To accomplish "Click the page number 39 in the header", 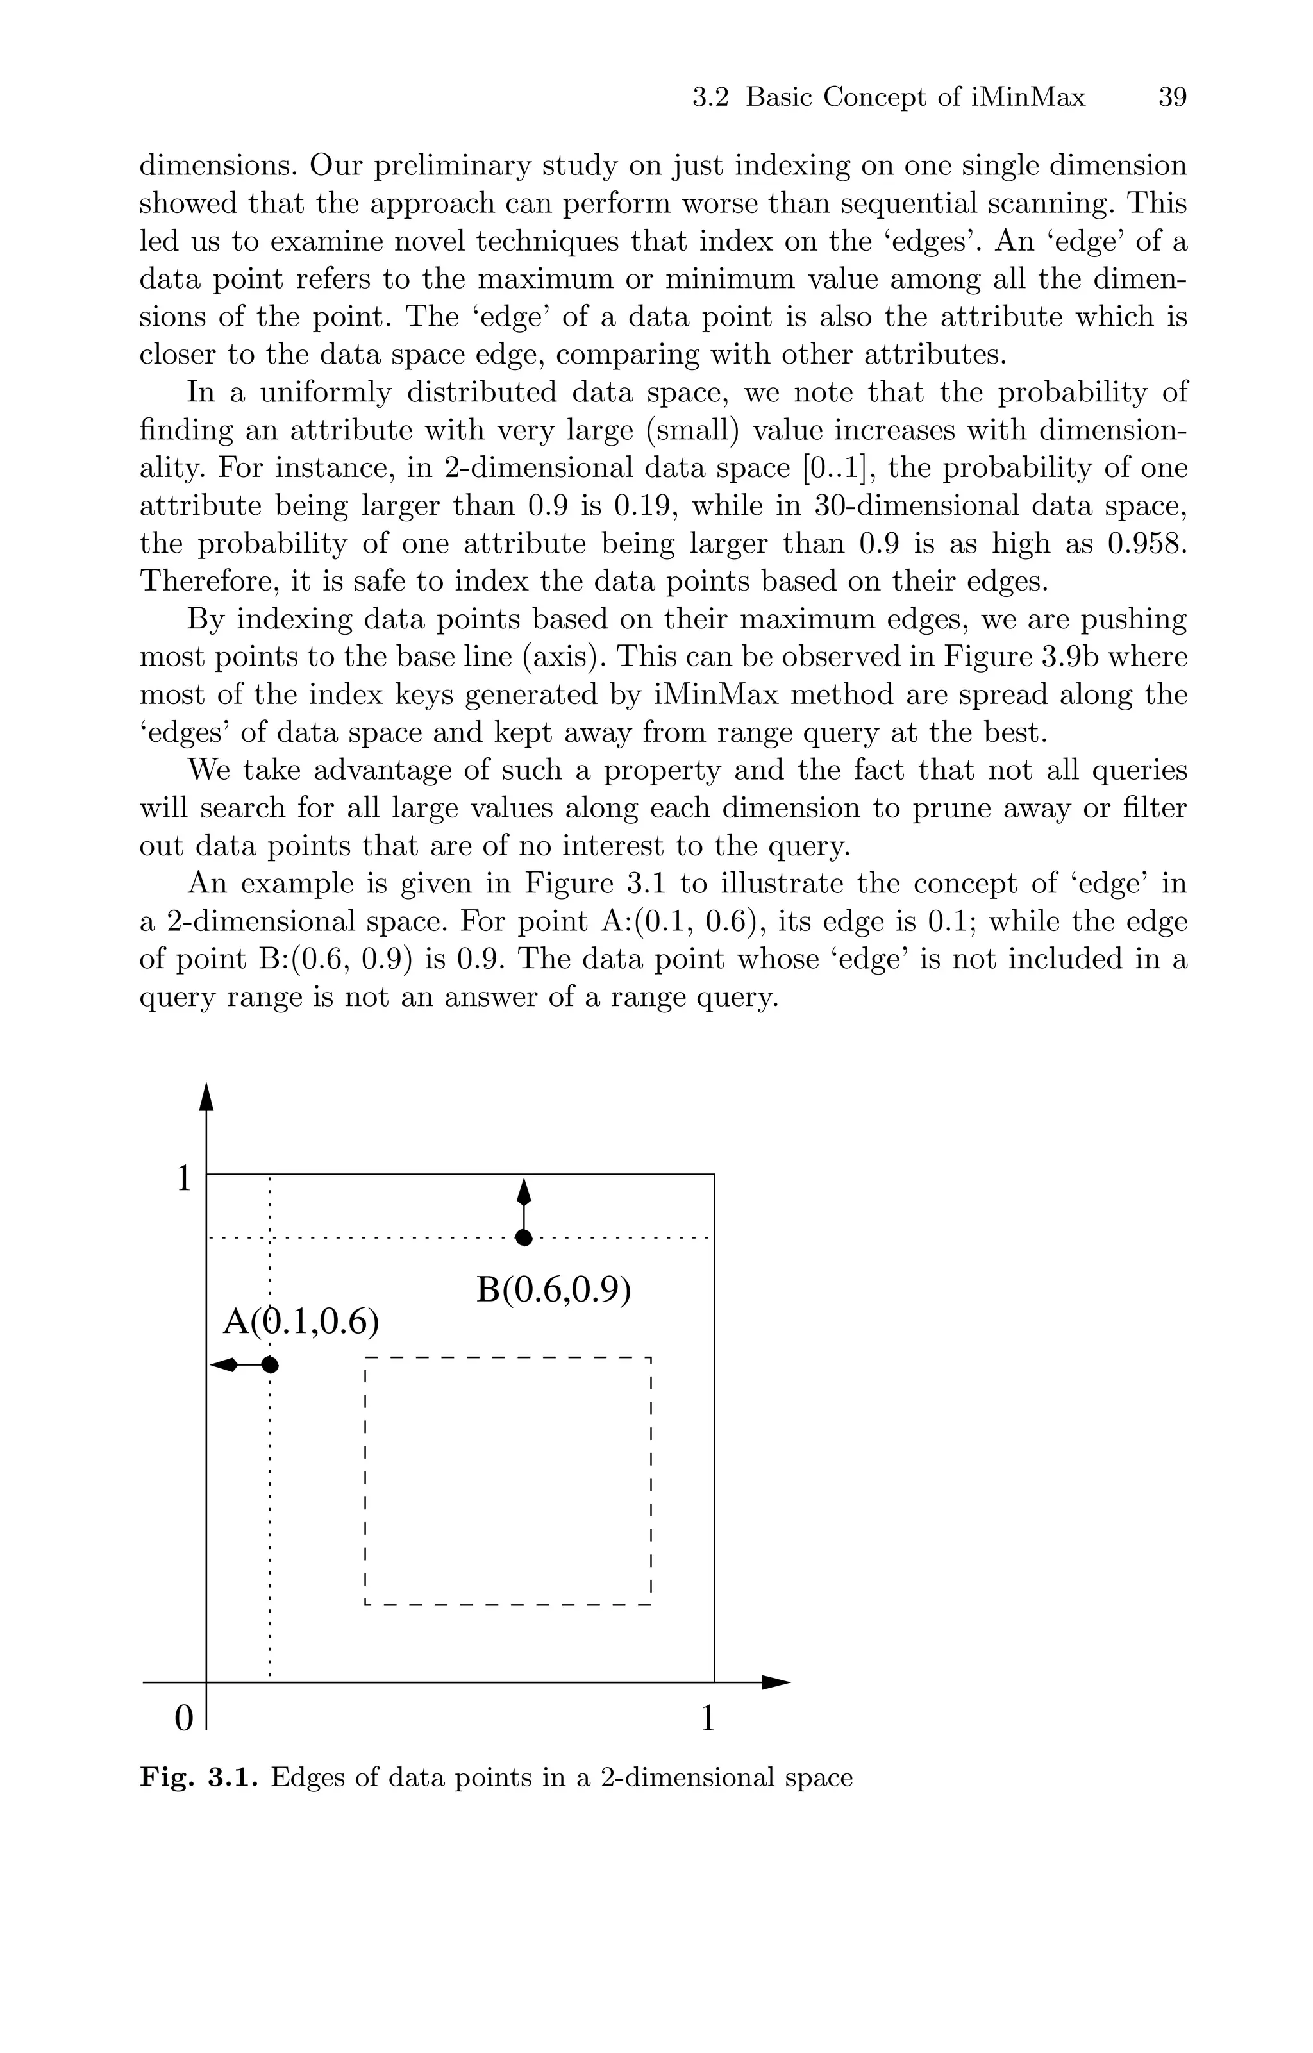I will pyautogui.click(x=1173, y=98).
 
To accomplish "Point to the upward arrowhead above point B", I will pyautogui.click(x=524, y=1192).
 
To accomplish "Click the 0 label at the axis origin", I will pyautogui.click(x=183, y=1719).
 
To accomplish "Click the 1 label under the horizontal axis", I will pyautogui.click(x=707, y=1719).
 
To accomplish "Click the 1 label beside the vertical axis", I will pyautogui.click(x=183, y=1179).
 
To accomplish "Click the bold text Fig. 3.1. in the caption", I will pyautogui.click(x=199, y=1777).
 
